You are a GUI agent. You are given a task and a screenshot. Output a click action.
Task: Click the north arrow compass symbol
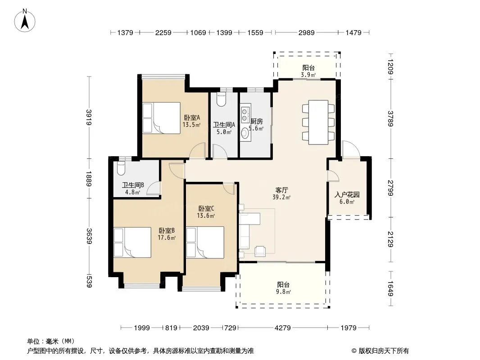click(25, 21)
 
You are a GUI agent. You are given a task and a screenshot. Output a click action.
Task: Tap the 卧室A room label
click(192, 117)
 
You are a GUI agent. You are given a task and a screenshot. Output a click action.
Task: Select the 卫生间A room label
click(224, 125)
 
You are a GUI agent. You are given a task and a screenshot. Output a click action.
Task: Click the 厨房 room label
click(257, 121)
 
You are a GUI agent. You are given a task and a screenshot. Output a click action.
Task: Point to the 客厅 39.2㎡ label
click(281, 193)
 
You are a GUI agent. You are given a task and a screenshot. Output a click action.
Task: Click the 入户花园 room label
click(347, 195)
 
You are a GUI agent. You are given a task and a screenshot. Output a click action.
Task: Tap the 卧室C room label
click(206, 209)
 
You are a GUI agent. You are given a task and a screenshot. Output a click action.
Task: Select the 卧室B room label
click(167, 230)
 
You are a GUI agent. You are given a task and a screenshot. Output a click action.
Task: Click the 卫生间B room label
click(133, 185)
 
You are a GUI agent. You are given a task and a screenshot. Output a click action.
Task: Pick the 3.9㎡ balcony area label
click(308, 75)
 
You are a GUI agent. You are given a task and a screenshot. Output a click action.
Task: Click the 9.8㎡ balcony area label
click(283, 292)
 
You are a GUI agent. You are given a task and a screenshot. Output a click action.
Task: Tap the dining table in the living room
click(318, 122)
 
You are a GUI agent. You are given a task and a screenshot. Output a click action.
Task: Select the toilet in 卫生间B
click(122, 168)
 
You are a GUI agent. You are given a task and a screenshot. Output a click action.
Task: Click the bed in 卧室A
click(161, 118)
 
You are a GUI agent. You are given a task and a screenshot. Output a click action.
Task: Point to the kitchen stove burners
click(245, 114)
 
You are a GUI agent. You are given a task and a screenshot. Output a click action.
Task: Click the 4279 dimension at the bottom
click(282, 328)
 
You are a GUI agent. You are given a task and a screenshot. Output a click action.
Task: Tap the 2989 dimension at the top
click(307, 33)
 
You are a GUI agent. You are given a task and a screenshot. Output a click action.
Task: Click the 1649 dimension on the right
click(390, 289)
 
